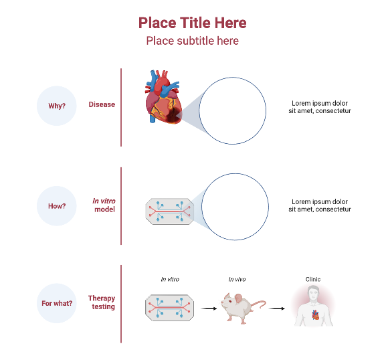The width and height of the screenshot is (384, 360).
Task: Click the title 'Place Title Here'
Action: pos(192,23)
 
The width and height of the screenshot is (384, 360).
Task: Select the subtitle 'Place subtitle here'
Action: pos(192,41)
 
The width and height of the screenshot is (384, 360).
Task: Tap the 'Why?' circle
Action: pos(57,105)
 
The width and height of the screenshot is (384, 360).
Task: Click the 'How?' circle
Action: pos(57,206)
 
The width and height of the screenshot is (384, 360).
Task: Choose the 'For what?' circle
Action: pos(57,303)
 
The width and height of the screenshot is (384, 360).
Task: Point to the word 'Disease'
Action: pos(102,104)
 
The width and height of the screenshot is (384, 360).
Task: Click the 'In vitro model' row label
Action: pos(104,205)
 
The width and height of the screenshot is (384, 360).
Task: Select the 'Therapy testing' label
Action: pos(102,302)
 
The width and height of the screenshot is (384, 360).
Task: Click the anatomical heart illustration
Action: pos(163,98)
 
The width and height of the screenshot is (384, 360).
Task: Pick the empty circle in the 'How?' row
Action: pos(235,206)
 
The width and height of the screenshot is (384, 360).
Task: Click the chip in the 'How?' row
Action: pos(170,210)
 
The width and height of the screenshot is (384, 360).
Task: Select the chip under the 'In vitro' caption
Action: pos(170,308)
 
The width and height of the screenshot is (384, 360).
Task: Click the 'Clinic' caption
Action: pos(313,279)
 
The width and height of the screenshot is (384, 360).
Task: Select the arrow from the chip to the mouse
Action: pos(209,308)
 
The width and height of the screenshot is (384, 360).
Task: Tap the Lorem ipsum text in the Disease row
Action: pos(320,107)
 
